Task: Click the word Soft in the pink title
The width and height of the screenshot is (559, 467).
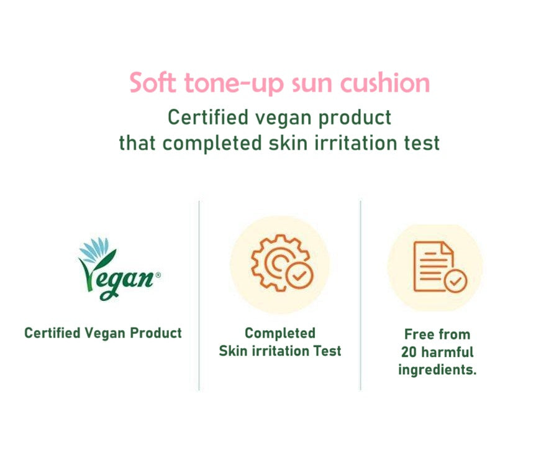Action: (x=153, y=83)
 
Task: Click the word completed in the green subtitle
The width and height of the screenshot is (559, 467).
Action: (x=212, y=144)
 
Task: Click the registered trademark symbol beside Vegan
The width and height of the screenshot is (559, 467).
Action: (x=158, y=275)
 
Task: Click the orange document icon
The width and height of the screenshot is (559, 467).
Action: (x=433, y=266)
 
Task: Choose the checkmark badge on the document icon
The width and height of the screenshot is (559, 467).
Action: (x=456, y=281)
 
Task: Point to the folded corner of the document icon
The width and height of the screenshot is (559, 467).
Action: (x=447, y=248)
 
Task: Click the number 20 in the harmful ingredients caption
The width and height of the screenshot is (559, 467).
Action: (x=409, y=352)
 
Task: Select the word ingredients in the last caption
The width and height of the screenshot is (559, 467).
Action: (x=437, y=370)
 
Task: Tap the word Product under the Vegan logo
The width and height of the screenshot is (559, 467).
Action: (x=156, y=333)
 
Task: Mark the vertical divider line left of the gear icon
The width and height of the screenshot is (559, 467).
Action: (x=199, y=295)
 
